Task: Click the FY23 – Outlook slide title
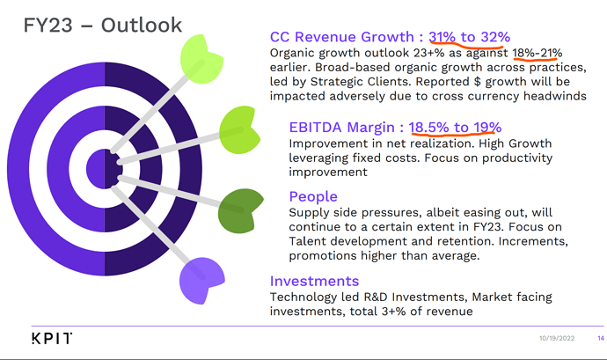pos(103,26)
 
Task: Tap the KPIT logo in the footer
pos(52,338)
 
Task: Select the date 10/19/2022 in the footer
pos(557,338)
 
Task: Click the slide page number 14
pos(601,338)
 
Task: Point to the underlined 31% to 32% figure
pos(469,37)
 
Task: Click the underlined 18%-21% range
pos(538,53)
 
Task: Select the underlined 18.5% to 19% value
pos(455,127)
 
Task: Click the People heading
pos(313,196)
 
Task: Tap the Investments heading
pos(314,281)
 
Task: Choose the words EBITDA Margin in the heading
pos(342,127)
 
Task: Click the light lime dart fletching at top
pos(201,59)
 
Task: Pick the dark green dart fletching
pos(240,211)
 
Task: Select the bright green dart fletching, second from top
pos(239,129)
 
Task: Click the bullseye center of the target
pos(105,169)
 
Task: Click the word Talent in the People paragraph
pos(308,241)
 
